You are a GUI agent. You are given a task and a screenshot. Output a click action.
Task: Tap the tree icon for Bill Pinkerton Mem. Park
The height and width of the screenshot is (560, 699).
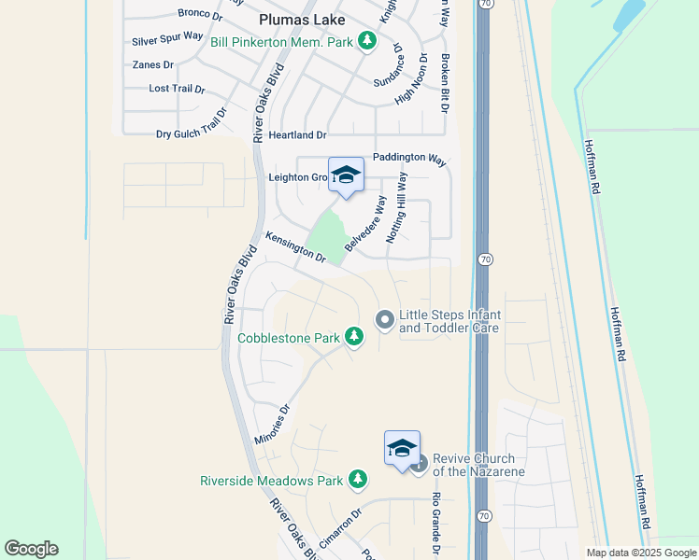tap(368, 40)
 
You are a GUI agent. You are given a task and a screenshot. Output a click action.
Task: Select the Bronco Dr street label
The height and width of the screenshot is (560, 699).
tap(200, 14)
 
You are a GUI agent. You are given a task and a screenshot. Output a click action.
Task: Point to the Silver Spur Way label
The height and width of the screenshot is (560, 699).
tap(167, 38)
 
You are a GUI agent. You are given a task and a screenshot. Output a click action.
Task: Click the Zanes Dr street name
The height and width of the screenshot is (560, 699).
tap(153, 64)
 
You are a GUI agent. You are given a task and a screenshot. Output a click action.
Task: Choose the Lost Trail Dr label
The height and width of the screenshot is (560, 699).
tap(177, 89)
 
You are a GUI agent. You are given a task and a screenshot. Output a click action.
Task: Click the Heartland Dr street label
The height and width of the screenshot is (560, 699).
tap(297, 135)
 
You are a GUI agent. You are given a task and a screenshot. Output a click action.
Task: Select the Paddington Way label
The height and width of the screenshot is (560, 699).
tap(409, 158)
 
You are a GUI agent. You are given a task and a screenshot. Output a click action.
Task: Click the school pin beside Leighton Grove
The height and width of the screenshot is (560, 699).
tap(346, 175)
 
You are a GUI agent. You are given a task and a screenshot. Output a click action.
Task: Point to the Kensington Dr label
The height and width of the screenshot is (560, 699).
tap(295, 246)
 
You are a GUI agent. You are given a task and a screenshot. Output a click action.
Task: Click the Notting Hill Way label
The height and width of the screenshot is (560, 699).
tap(395, 207)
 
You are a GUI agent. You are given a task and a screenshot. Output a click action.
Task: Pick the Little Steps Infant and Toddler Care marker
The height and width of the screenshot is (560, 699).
tap(384, 320)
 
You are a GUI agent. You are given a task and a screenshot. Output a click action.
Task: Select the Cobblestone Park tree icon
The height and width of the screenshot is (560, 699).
tap(354, 335)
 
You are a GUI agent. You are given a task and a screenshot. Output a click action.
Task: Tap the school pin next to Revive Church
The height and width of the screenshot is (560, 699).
tap(402, 448)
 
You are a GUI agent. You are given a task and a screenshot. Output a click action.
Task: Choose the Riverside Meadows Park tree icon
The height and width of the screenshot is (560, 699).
tap(357, 480)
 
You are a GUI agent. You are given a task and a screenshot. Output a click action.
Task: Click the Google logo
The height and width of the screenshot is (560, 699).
tap(31, 549)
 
